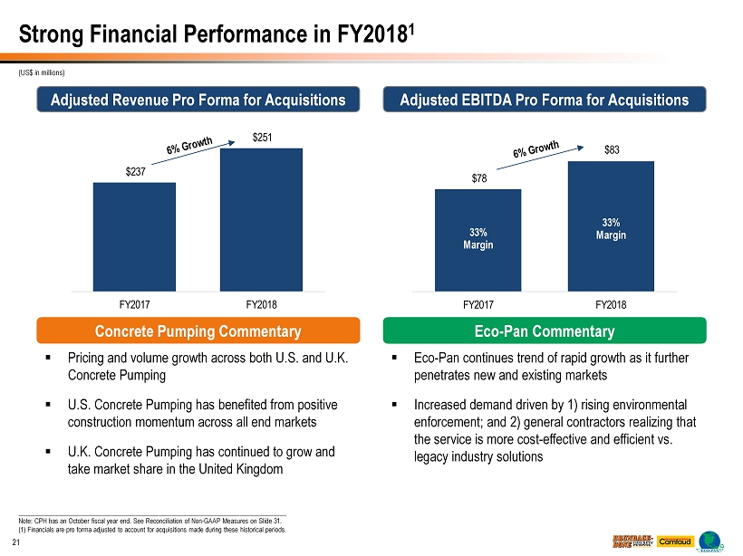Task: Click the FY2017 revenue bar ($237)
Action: pos(134,235)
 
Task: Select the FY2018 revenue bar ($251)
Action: pos(261,218)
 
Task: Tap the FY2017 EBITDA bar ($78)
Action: pos(478,240)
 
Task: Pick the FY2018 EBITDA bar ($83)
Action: pos(611,226)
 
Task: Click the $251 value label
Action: pos(261,139)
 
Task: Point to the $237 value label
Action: pos(134,173)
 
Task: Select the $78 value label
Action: pos(478,179)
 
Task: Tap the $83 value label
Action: pos(612,151)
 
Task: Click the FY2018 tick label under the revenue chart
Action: pos(261,303)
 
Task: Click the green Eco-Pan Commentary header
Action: pos(545,331)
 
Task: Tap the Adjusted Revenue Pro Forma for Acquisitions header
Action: pos(198,100)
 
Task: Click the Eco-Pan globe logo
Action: pos(711,540)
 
